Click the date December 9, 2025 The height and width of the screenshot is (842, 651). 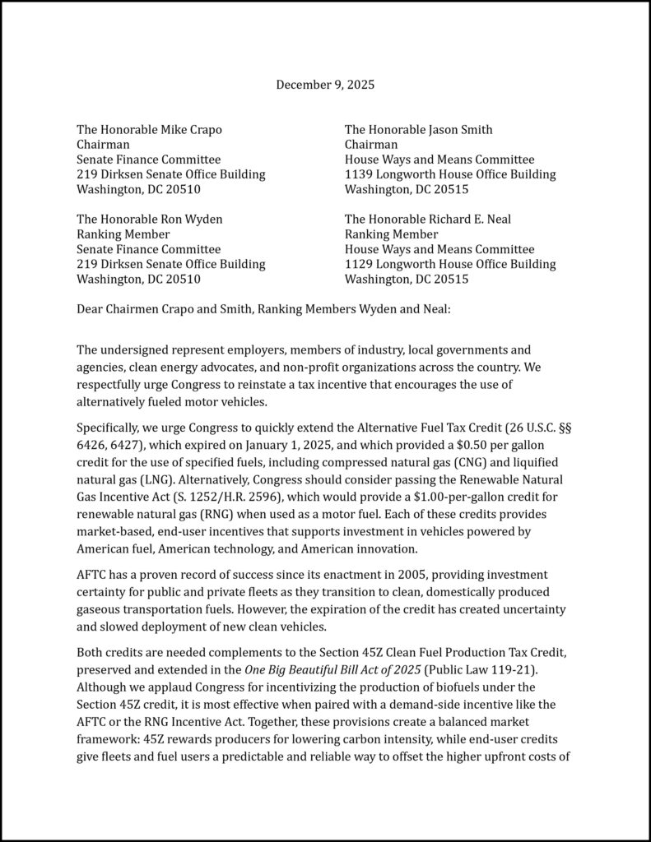pyautogui.click(x=325, y=85)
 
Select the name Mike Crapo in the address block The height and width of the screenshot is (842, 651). pyautogui.click(x=192, y=130)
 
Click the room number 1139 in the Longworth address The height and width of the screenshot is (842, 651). pyautogui.click(x=360, y=174)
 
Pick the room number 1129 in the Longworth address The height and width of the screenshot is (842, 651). pyautogui.click(x=360, y=264)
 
